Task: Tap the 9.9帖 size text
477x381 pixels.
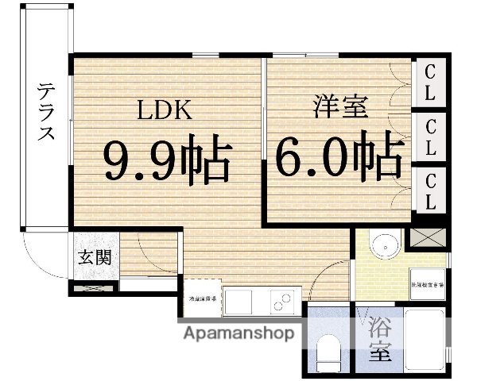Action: click(x=166, y=161)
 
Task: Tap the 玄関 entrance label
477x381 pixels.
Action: click(x=95, y=257)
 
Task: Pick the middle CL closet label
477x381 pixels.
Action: click(x=430, y=137)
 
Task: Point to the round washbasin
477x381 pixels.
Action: click(x=386, y=245)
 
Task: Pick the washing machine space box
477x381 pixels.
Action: click(x=428, y=283)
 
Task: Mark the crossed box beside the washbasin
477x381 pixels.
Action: click(x=427, y=237)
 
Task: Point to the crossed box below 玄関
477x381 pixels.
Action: click(x=93, y=287)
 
